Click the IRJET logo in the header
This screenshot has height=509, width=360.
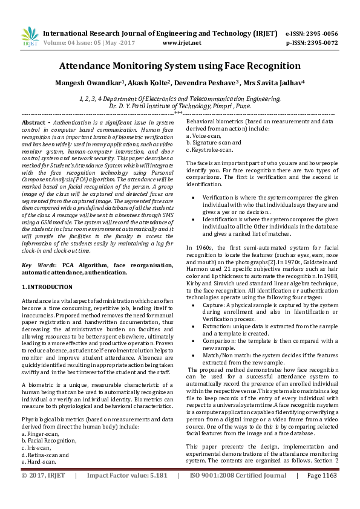pyautogui.click(x=30, y=37)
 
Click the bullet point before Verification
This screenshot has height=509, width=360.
pyautogui.click(x=193, y=197)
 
